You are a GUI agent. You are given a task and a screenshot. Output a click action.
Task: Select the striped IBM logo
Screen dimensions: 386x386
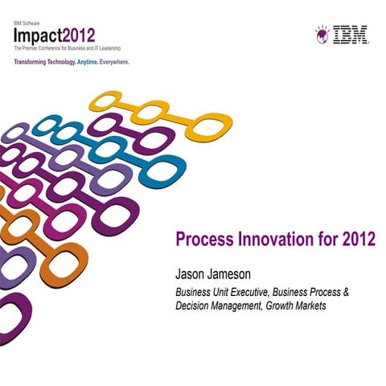click(x=351, y=35)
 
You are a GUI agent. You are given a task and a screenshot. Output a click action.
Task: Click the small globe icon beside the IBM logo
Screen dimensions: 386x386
click(x=322, y=33)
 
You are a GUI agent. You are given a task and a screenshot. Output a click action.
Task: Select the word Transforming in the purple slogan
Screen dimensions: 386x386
click(x=35, y=61)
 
